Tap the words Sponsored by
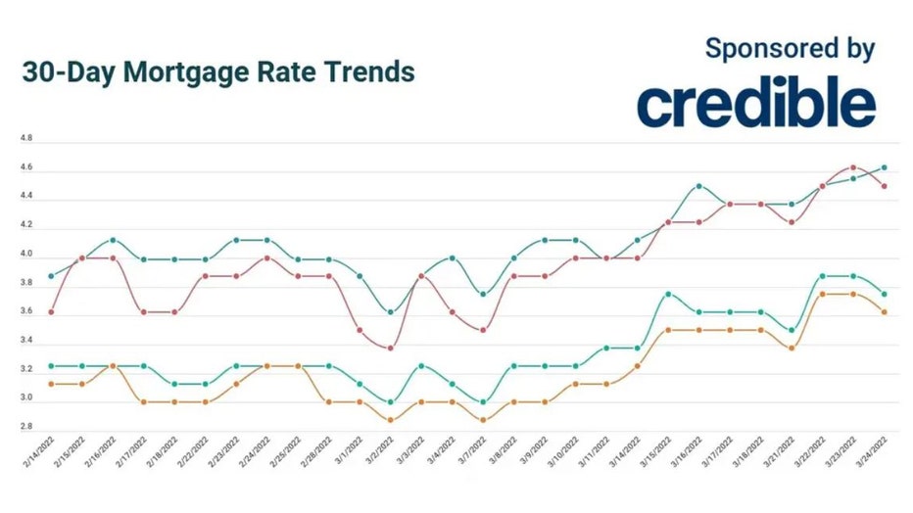point(789,48)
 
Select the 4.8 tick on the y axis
point(26,139)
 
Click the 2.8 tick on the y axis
point(26,428)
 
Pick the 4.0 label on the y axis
point(26,255)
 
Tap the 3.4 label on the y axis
point(26,341)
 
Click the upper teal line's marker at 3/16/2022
point(698,185)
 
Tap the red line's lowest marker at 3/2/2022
point(391,348)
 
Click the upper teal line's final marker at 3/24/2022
point(884,167)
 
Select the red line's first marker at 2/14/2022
point(51,311)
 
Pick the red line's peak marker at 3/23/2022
point(853,167)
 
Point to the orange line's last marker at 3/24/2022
point(884,312)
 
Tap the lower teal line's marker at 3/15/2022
point(668,294)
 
